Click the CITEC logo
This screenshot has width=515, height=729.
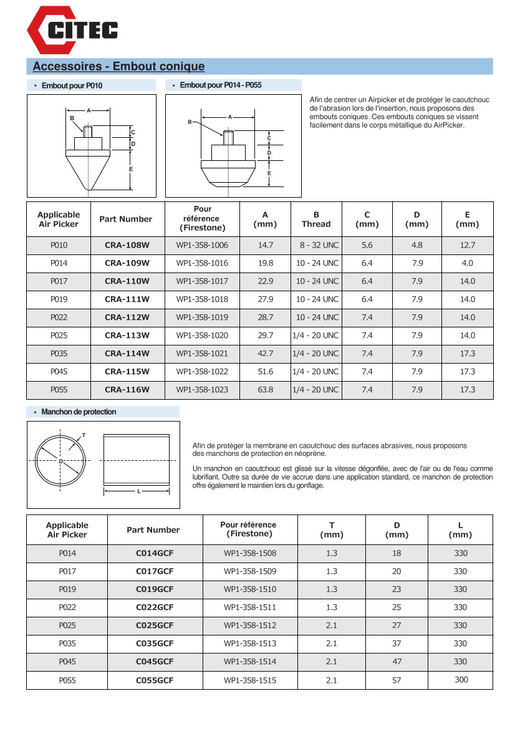(72, 29)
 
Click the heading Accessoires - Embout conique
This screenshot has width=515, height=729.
(118, 67)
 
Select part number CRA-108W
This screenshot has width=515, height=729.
(127, 245)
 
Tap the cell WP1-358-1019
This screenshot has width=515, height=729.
(202, 317)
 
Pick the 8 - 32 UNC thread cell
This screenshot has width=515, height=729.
(318, 245)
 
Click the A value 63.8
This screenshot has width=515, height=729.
(266, 390)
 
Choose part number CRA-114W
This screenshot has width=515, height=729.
(127, 354)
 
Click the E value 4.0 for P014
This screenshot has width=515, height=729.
(467, 263)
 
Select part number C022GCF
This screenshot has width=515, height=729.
(155, 607)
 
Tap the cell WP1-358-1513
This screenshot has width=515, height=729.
(250, 644)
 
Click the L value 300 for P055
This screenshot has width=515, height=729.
(461, 680)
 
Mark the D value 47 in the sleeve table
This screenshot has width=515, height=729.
(397, 662)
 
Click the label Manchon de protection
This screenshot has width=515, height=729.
(79, 412)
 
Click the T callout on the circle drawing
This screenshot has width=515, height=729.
(84, 435)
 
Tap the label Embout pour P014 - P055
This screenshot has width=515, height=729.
(220, 85)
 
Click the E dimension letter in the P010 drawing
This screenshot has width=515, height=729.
(131, 169)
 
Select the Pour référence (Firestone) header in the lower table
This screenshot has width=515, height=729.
(248, 529)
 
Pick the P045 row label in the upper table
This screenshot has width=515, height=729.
(59, 372)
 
